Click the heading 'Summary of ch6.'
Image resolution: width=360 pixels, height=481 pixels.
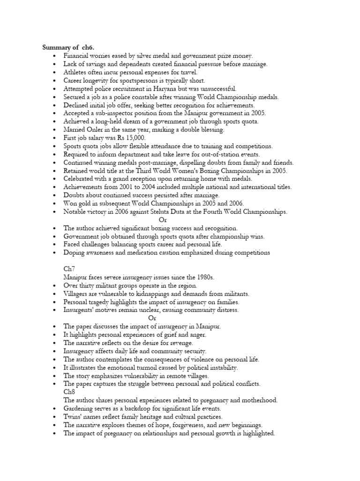point(68,47)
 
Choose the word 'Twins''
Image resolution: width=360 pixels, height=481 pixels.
point(73,417)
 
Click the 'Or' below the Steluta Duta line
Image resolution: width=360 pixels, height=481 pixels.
point(163,220)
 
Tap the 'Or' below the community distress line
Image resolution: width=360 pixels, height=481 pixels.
point(152,318)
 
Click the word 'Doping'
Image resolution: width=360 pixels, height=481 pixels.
point(75,253)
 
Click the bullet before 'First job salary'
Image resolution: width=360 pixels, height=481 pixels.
point(55,138)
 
